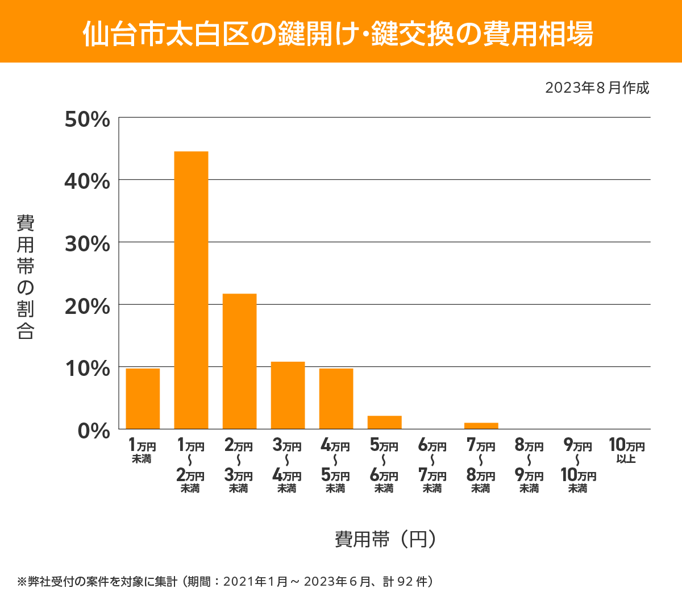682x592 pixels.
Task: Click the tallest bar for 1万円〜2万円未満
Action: (x=191, y=290)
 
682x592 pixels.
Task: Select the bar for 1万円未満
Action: (x=143, y=399)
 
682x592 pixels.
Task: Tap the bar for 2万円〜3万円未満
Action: (x=239, y=361)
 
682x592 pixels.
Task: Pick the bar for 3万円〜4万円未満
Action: (x=288, y=395)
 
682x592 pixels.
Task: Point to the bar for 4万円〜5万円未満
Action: (x=336, y=399)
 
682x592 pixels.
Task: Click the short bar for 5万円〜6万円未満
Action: (x=384, y=423)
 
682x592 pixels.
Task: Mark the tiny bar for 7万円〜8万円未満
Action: (x=481, y=426)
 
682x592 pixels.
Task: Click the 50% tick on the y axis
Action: (x=87, y=119)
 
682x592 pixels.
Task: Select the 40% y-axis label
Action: (x=87, y=181)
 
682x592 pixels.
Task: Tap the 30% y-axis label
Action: (x=87, y=244)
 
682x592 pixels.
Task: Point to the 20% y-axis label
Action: (x=87, y=307)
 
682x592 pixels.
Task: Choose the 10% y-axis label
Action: (x=87, y=369)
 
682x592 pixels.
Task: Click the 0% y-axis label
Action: (x=93, y=431)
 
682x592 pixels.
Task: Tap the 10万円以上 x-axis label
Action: (x=626, y=450)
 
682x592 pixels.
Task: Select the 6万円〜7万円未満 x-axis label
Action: (x=433, y=466)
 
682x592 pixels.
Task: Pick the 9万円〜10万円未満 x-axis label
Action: (x=578, y=466)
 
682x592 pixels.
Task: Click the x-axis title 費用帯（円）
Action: (x=385, y=539)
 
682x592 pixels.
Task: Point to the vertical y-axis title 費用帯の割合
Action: (x=26, y=277)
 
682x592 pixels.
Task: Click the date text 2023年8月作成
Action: (x=597, y=88)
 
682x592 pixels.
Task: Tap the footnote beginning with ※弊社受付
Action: (x=226, y=581)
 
